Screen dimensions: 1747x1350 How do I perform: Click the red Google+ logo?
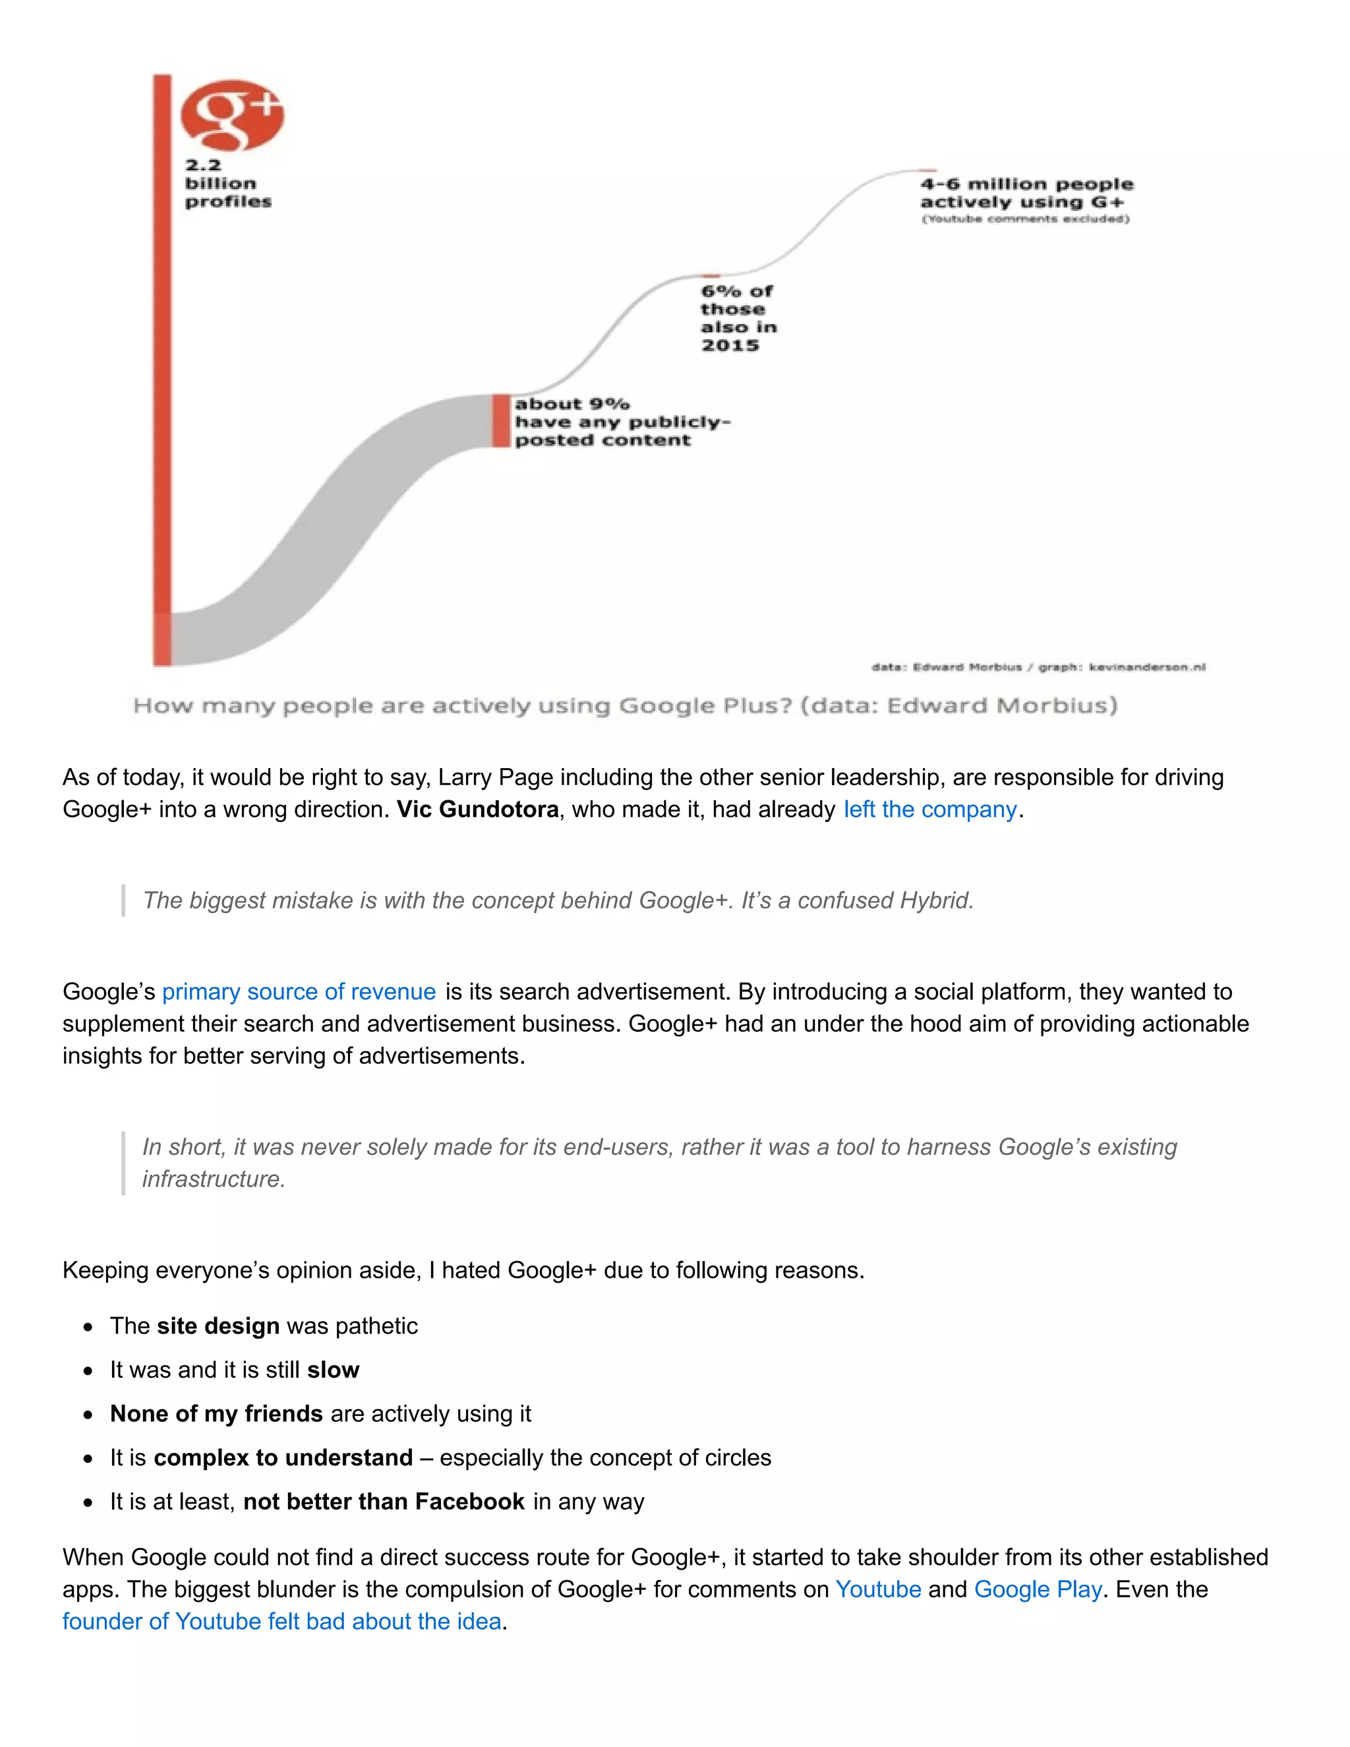(232, 115)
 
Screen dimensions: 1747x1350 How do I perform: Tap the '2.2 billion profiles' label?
(228, 183)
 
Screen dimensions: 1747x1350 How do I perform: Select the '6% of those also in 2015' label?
(738, 318)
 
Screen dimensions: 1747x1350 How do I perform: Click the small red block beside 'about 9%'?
(501, 421)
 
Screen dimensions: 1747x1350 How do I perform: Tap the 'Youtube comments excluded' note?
(1024, 219)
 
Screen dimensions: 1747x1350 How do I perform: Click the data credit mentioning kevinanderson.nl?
(1038, 667)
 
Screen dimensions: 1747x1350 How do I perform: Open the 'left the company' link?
(929, 810)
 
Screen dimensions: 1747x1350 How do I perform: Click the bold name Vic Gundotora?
(477, 810)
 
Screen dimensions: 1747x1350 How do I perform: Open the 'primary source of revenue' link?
(299, 992)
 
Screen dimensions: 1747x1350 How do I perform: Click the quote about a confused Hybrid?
(558, 901)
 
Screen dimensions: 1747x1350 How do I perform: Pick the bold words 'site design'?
(218, 1326)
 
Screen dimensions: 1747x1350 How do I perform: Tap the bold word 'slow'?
(333, 1371)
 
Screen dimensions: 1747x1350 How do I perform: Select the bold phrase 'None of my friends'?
(216, 1414)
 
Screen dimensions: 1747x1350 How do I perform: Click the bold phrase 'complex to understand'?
(283, 1458)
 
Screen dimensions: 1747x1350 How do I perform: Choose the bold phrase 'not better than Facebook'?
(384, 1502)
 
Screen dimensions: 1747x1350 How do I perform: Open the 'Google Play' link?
(1038, 1589)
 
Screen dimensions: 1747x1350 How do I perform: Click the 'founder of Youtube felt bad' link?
(281, 1622)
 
